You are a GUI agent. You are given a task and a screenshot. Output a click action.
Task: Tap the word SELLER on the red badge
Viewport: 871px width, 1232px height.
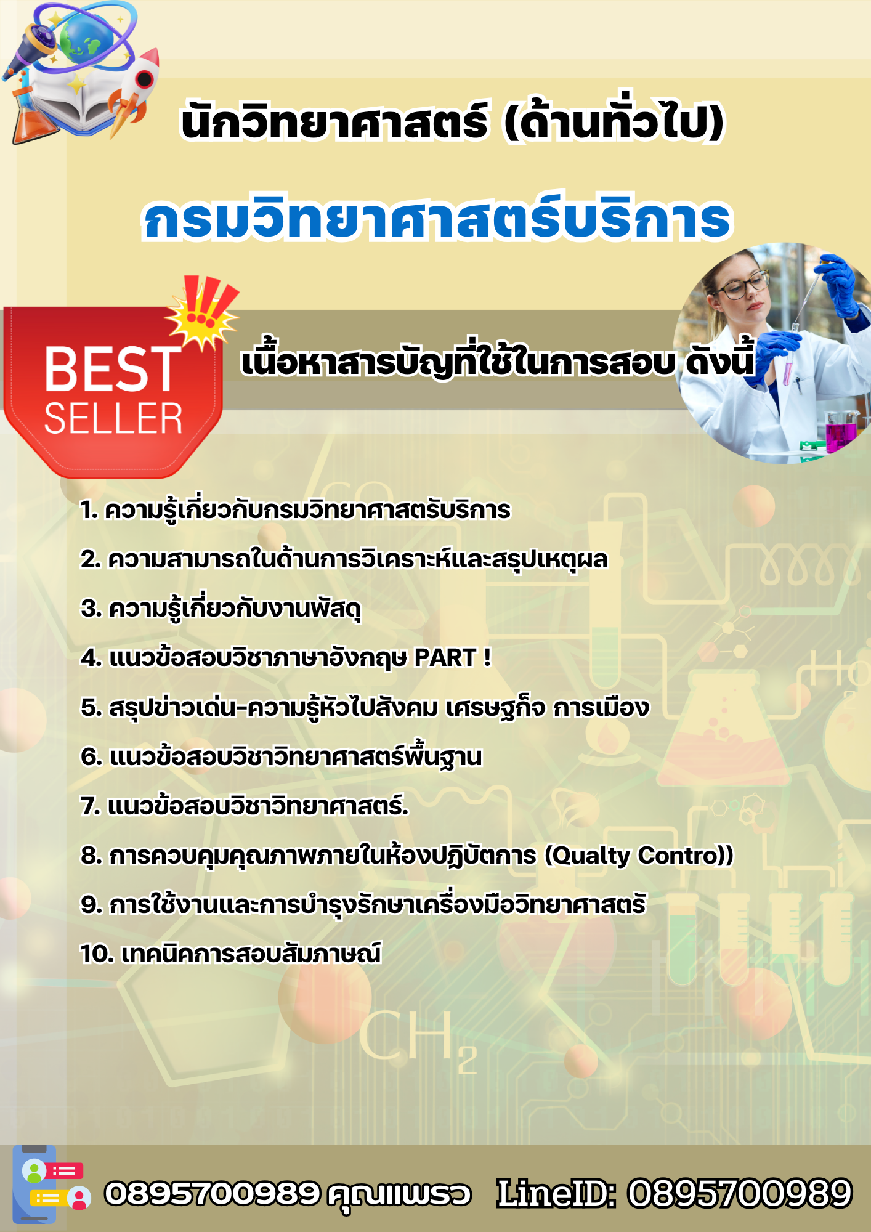pyautogui.click(x=113, y=419)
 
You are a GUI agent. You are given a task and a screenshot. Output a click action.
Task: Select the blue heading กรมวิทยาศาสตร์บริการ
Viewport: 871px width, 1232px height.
pyautogui.click(x=437, y=219)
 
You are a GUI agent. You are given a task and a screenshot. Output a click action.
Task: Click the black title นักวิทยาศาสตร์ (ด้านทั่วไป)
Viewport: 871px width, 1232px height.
pyautogui.click(x=452, y=122)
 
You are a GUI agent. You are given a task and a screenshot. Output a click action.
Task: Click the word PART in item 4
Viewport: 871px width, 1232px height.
pyautogui.click(x=445, y=658)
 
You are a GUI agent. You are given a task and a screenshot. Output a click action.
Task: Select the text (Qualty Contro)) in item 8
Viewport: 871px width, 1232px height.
pyautogui.click(x=639, y=855)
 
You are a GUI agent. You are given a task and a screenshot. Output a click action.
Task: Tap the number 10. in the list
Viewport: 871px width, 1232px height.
pyautogui.click(x=97, y=954)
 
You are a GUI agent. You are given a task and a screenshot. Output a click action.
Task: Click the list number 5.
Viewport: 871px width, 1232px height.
pyautogui.click(x=90, y=707)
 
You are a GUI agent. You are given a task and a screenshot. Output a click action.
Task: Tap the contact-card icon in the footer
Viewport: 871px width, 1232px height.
pyautogui.click(x=52, y=1185)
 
